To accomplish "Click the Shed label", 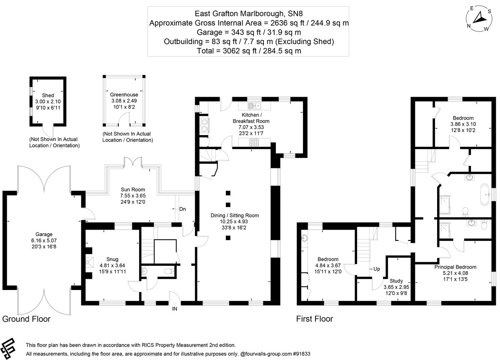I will point(48,95).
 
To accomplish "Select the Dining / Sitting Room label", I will point(235,216).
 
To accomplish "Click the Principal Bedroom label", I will point(455,267).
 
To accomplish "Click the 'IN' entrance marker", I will point(174,309).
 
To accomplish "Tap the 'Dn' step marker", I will point(182,209).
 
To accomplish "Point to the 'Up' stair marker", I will point(377,269).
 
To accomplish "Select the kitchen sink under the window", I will point(254,105).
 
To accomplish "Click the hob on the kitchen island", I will point(254,142).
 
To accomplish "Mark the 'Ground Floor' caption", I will point(26,319).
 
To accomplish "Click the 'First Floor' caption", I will point(315,319).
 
